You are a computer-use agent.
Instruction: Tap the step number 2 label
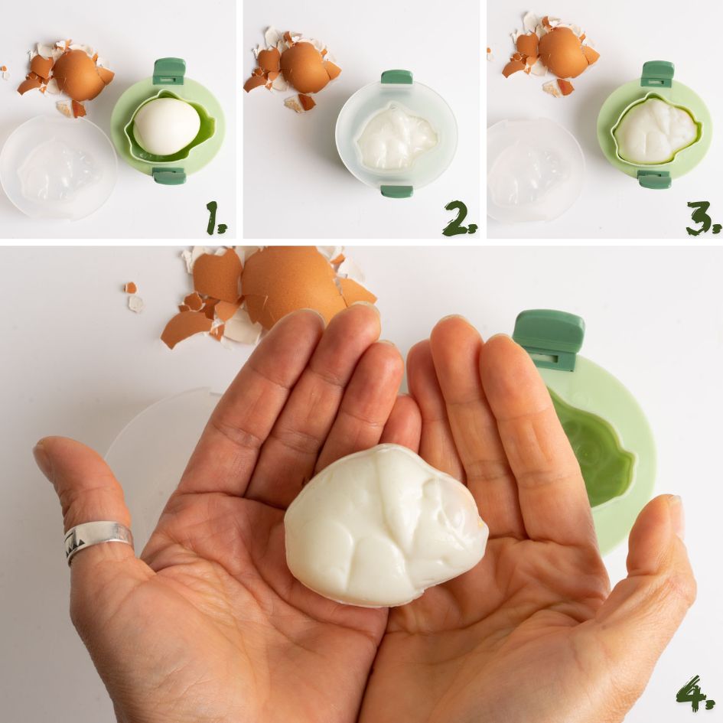point(460,219)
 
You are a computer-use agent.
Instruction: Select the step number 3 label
point(702,219)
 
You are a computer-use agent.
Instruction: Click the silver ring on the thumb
point(98,539)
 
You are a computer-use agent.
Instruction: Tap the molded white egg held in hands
point(386,525)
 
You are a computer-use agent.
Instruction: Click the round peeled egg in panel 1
point(166,126)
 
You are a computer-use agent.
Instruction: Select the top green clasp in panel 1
point(169,72)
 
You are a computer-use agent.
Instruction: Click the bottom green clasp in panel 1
point(169,176)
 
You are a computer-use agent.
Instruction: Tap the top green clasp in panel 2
point(396,77)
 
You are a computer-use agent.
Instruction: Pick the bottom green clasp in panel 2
point(396,191)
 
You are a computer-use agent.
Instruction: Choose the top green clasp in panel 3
point(657,74)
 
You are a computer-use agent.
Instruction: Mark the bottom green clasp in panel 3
point(654,179)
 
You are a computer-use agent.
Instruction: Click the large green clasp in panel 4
point(549,340)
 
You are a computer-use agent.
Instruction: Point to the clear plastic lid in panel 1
point(58,168)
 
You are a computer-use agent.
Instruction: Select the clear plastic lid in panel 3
point(535,171)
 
